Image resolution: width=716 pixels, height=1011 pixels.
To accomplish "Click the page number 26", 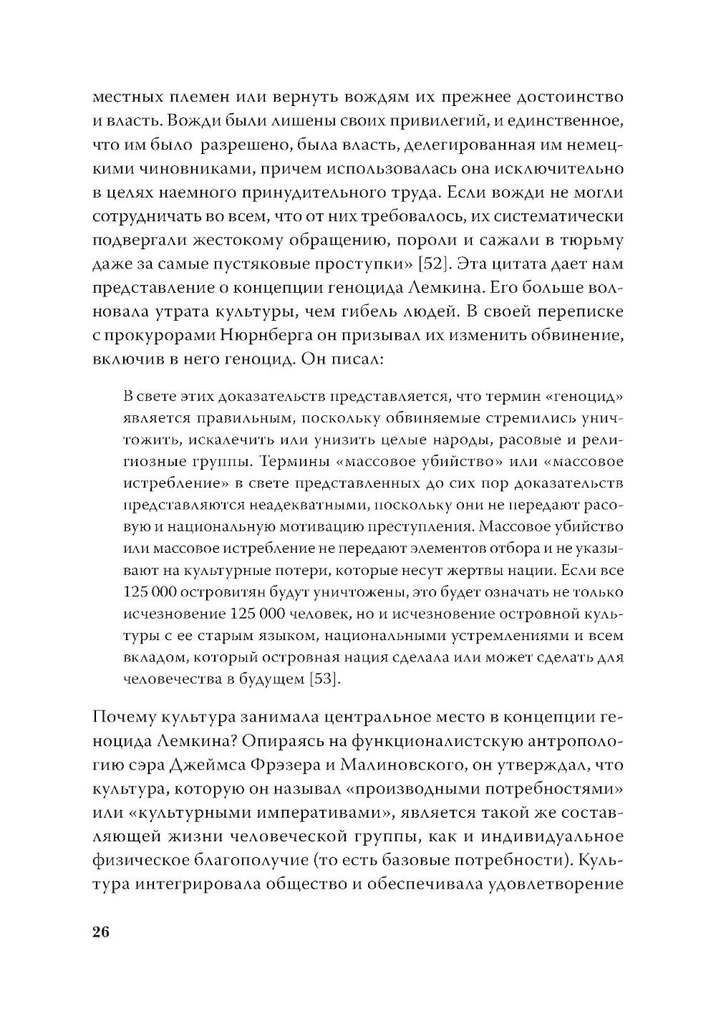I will (x=100, y=932).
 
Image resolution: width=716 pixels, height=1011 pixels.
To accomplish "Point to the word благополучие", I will (x=246, y=861).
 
